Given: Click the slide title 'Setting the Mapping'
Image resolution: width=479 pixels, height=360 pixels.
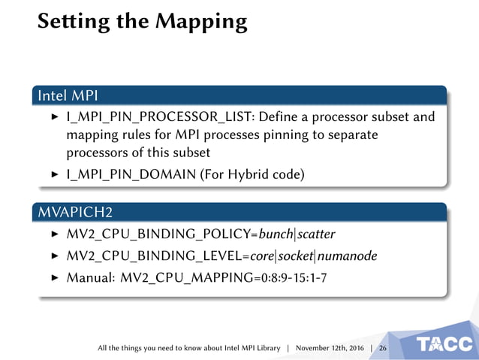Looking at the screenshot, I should (x=142, y=22).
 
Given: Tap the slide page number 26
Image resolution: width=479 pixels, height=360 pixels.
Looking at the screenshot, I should (x=383, y=349).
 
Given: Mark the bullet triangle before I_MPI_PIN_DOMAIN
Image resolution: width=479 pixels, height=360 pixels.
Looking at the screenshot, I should (x=54, y=175).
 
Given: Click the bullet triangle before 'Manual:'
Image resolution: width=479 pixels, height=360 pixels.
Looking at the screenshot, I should (x=54, y=278).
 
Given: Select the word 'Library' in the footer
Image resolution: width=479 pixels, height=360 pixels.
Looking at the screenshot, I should (x=267, y=349).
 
